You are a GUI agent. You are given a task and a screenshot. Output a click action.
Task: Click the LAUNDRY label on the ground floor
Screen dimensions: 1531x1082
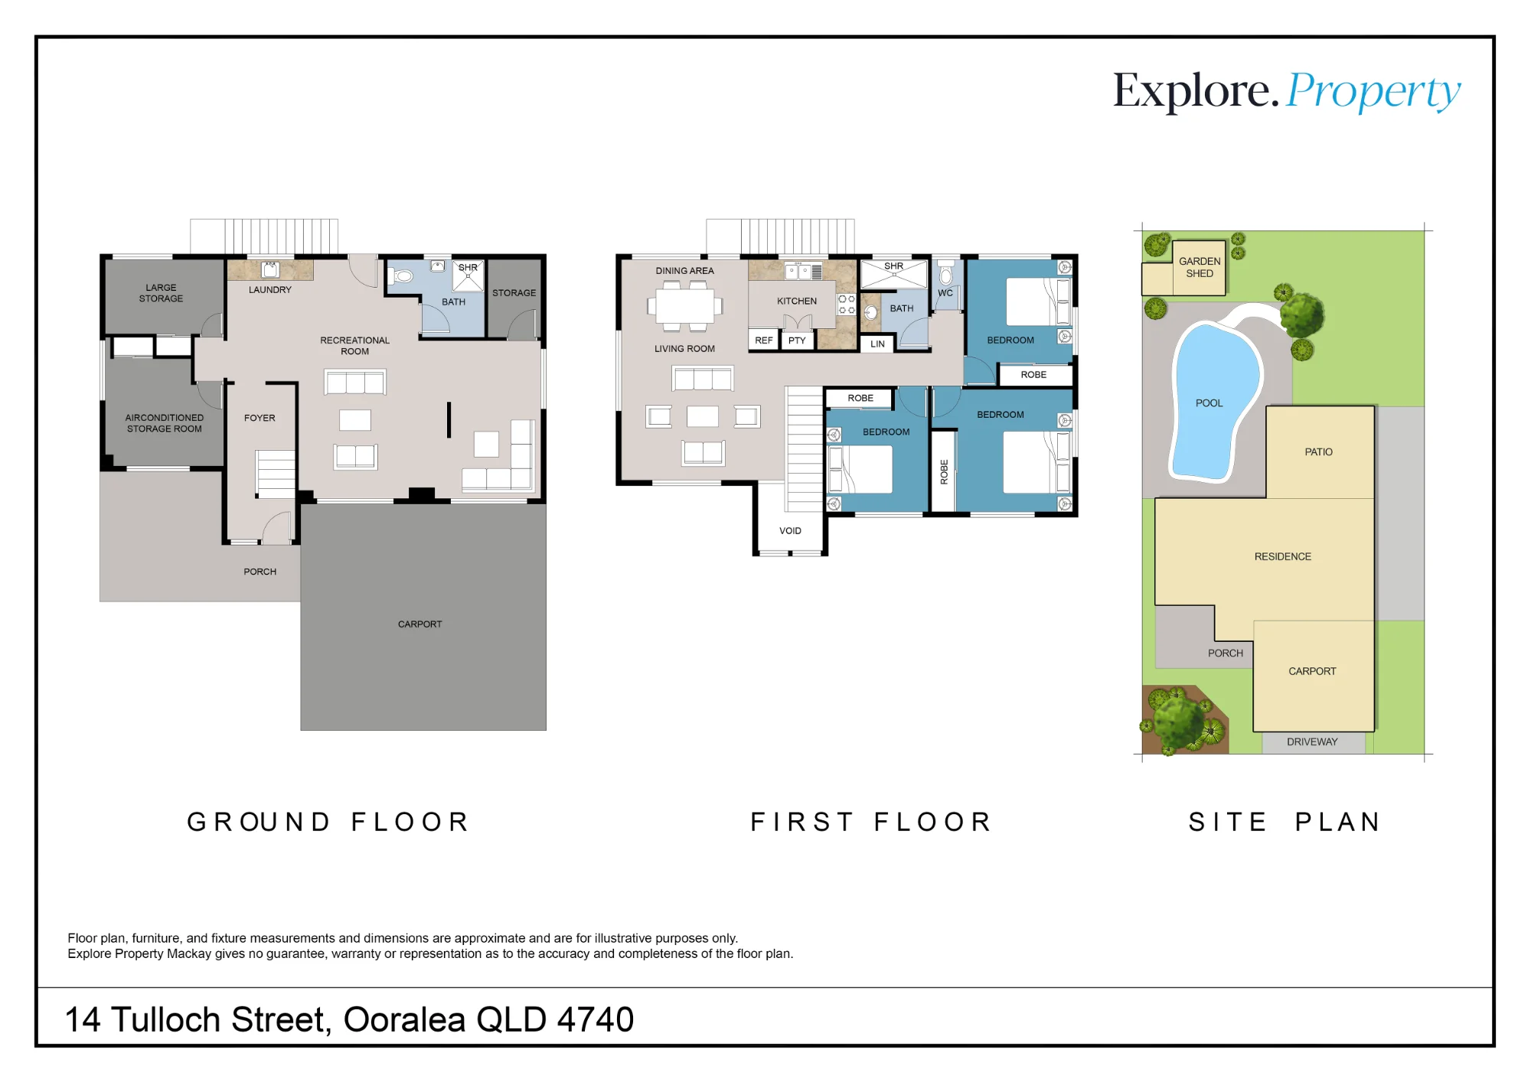270,290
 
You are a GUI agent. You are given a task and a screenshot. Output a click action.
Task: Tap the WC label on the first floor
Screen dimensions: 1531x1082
945,293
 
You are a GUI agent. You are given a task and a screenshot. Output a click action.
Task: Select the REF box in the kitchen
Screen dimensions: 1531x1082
764,341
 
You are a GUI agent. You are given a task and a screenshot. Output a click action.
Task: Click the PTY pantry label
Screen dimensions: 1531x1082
797,341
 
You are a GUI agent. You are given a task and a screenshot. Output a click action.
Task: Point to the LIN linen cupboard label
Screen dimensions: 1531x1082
877,344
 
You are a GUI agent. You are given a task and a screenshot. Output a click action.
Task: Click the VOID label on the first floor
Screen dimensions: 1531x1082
790,531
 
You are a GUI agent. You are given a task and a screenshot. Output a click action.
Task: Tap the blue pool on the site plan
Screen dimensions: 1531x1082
1215,402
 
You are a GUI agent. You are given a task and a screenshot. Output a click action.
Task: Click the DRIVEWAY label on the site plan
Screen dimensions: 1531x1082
1312,742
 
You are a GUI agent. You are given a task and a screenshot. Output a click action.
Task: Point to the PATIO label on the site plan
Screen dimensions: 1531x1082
1318,452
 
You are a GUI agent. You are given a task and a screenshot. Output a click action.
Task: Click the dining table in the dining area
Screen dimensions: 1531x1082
685,306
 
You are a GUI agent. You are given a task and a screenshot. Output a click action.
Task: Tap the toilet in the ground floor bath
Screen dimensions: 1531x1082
402,275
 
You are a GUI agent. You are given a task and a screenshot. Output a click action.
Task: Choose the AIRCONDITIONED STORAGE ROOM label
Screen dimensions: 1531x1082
165,423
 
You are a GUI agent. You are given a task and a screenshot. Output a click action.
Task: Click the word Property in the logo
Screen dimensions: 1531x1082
1373,93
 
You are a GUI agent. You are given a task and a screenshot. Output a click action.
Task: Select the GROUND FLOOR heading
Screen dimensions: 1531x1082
328,822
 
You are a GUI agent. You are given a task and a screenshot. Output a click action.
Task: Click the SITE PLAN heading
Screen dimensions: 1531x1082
1285,822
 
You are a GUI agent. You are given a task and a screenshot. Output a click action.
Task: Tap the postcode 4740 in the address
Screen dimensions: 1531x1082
596,1019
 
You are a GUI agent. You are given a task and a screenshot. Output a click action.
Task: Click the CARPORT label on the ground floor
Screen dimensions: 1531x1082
419,624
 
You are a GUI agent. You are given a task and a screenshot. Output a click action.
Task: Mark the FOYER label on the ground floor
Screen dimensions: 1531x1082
260,419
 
